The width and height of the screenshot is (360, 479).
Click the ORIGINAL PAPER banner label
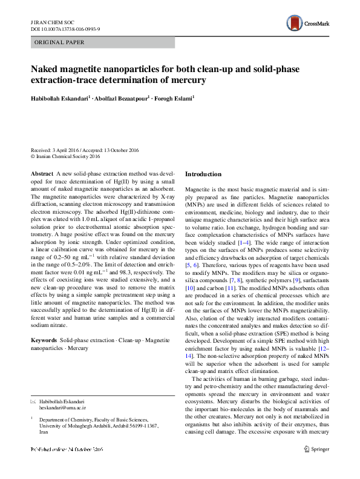[x=60, y=42]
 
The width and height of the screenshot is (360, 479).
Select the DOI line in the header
[x=65, y=28]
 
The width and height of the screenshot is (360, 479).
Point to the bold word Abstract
[x=42, y=174]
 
